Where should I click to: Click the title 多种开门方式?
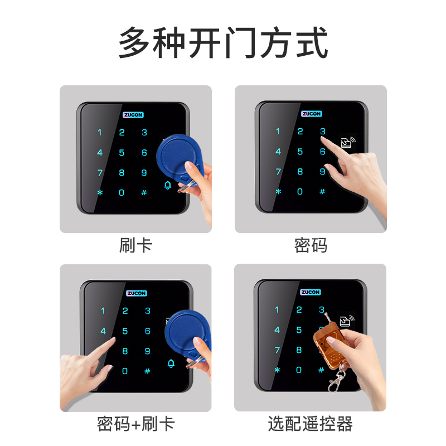coord(223,42)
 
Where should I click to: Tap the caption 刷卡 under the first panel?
coord(135,245)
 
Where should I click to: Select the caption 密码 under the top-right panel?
coord(311,245)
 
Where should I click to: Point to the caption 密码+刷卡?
coord(135,424)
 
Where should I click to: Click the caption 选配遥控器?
coord(311,424)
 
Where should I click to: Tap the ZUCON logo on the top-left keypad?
coord(133,115)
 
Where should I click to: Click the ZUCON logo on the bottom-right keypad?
coord(311,292)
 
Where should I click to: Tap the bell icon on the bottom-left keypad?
coord(171,363)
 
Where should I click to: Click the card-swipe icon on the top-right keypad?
coord(348,142)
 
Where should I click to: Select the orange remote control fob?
coord(330,348)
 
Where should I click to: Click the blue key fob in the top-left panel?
coord(180,159)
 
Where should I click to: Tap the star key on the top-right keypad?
coord(278,192)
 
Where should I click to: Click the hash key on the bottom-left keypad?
coord(147,371)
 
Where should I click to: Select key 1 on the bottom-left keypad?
coord(103,311)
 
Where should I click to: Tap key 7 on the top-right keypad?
coord(278,172)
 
